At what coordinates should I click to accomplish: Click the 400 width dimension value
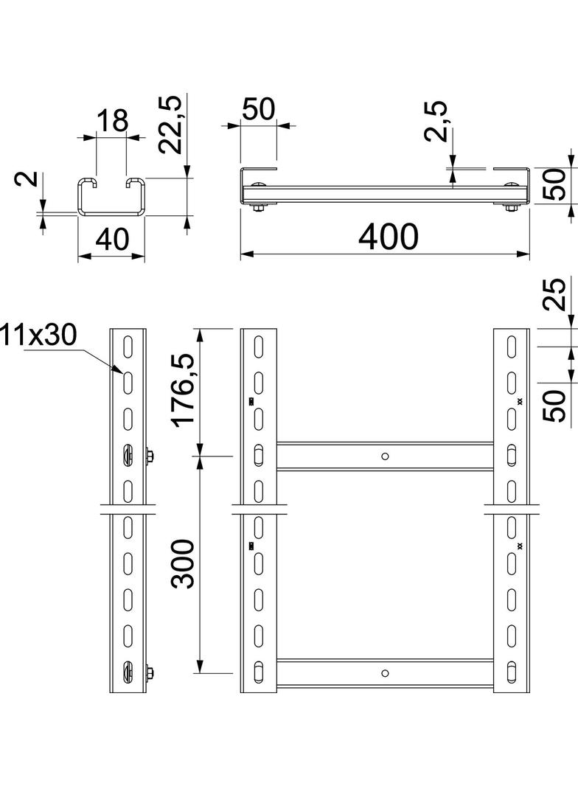388,236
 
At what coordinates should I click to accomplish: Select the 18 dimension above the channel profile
113,120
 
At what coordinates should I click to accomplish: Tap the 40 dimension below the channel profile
111,240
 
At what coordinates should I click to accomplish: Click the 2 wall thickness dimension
27,180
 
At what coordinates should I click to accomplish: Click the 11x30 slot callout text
38,335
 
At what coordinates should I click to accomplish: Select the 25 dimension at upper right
558,293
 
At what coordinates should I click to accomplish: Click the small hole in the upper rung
384,456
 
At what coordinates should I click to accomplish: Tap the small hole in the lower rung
384,672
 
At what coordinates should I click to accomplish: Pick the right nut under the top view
511,209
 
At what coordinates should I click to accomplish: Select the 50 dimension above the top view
258,108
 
